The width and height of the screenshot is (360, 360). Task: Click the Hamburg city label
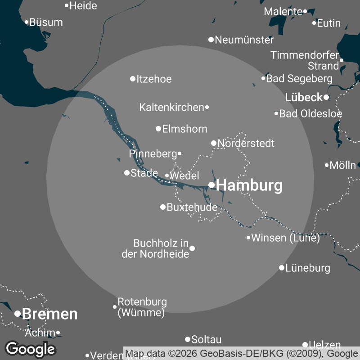250,185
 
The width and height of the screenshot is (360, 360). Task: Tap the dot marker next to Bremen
18,314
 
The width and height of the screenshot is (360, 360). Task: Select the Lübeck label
304,97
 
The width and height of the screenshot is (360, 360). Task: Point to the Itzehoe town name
154,79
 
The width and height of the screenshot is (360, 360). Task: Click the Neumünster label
244,40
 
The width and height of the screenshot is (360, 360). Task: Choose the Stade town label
144,173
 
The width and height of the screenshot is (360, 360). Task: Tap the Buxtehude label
192,207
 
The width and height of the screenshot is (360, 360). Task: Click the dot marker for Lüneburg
282,268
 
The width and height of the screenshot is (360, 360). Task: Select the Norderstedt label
246,144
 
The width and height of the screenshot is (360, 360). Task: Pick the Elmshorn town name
184,129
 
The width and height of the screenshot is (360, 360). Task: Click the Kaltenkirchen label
172,108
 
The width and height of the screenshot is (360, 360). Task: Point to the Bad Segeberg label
299,79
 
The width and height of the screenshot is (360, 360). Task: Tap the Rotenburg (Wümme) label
142,307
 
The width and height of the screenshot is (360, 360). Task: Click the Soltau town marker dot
188,339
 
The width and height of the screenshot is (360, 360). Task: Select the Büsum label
46,22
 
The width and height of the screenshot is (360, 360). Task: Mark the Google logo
30,349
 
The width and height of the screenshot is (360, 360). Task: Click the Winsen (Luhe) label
285,238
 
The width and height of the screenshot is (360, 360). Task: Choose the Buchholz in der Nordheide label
155,249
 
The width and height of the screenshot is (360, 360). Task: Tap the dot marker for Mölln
327,165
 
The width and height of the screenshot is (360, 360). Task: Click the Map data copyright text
242,353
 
